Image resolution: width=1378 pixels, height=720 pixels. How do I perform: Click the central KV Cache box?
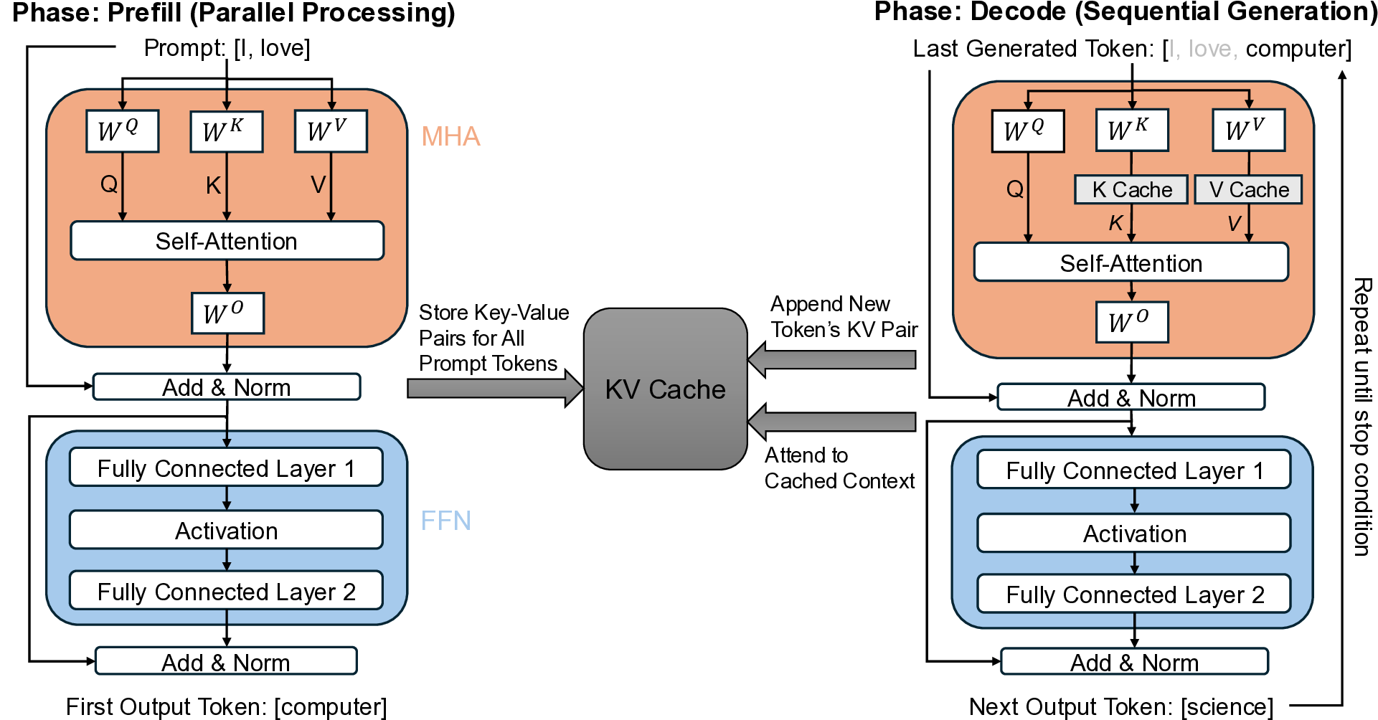click(x=665, y=389)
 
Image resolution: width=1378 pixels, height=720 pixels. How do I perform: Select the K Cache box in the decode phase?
click(x=1131, y=189)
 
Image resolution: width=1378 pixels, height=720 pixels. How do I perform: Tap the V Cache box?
click(x=1248, y=189)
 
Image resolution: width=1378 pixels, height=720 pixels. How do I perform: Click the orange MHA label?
click(x=450, y=136)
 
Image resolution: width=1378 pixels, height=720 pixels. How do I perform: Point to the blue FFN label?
click(x=445, y=520)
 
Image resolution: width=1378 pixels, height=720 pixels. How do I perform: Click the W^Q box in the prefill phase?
click(x=122, y=131)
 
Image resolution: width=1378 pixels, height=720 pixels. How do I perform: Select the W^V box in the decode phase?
click(x=1248, y=130)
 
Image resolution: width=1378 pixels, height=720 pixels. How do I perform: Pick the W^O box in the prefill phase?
click(x=227, y=313)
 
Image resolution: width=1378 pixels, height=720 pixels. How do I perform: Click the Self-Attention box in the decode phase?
click(x=1131, y=263)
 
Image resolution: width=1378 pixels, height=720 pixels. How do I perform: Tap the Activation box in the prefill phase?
click(x=226, y=531)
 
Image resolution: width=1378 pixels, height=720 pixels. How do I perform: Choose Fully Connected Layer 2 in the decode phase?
click(x=1134, y=595)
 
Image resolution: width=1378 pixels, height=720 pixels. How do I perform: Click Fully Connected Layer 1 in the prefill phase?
click(x=226, y=468)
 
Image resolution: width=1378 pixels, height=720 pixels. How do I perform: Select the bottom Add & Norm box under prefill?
click(x=226, y=662)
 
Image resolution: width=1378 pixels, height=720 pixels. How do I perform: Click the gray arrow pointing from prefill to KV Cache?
click(x=495, y=389)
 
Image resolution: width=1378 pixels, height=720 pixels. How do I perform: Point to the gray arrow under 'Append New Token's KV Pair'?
click(x=832, y=359)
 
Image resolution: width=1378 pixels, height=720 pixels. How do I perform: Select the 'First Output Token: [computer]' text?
click(x=226, y=707)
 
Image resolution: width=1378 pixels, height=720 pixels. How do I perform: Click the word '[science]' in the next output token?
click(x=1227, y=707)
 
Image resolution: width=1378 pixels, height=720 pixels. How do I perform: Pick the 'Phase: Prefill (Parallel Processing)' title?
click(x=234, y=13)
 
